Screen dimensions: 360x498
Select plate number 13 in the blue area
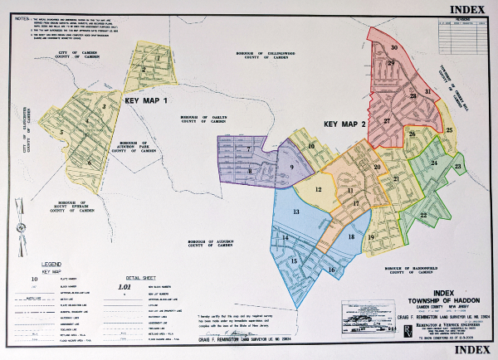[295, 212]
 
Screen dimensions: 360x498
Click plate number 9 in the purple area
[292, 168]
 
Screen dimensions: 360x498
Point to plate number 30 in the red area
[394, 48]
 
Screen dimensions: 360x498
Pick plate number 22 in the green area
[423, 216]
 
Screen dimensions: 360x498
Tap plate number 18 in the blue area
[351, 237]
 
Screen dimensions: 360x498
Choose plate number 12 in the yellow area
[318, 189]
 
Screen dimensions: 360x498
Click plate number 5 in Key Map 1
[61, 132]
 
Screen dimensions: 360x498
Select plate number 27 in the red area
[386, 121]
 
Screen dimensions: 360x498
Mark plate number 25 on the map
[449, 130]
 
